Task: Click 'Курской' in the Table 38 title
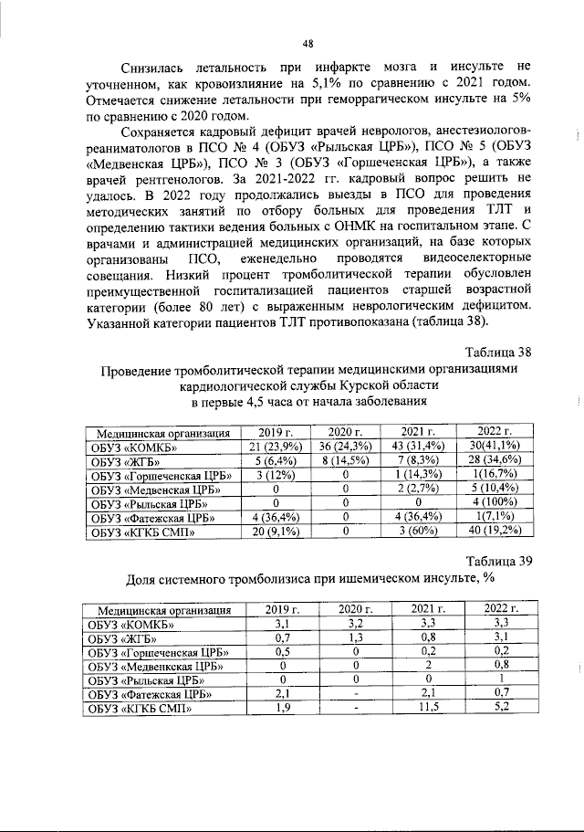363,385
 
